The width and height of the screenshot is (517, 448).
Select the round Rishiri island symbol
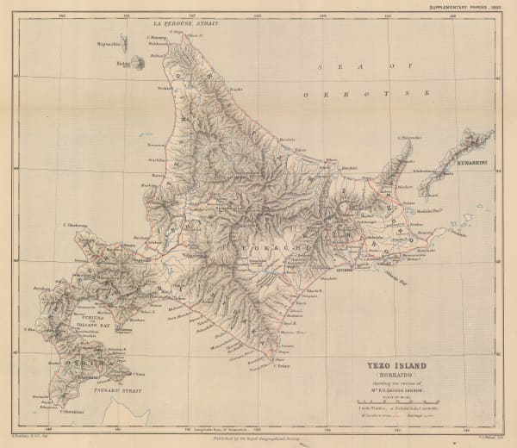point(124,62)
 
